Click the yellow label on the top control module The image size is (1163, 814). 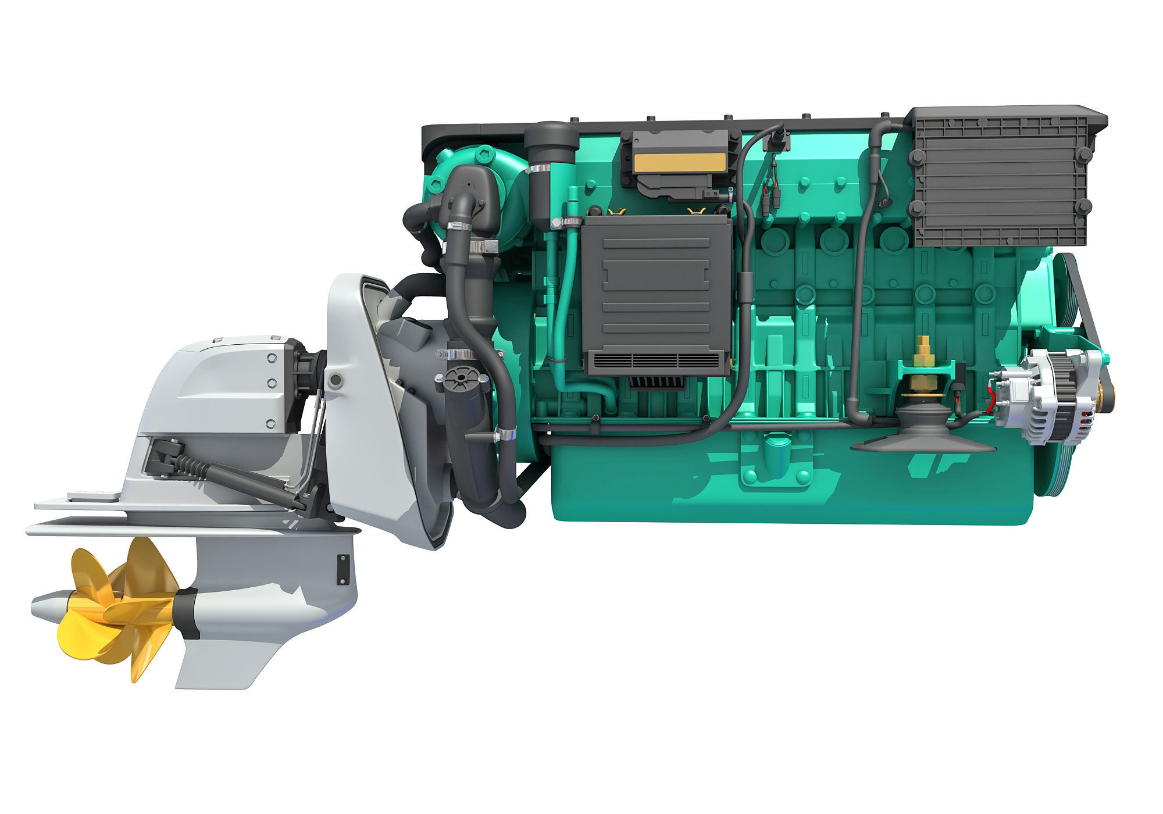pos(678,163)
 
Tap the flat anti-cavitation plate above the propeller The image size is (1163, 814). pos(174,529)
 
